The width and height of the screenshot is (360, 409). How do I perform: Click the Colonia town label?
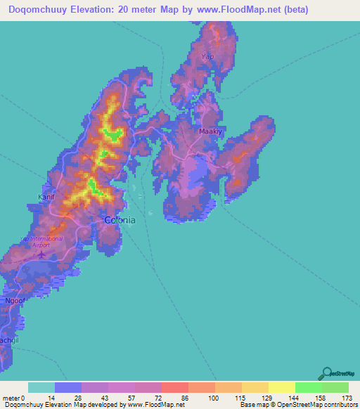pos(120,220)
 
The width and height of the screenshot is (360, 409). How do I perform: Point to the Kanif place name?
pos(46,197)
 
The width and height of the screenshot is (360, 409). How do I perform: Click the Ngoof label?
pos(15,301)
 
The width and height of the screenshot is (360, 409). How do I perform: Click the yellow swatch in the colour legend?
pos(281,387)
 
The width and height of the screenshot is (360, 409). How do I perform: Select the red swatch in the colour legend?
pos(174,387)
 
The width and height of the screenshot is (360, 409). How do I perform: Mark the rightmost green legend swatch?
pos(335,387)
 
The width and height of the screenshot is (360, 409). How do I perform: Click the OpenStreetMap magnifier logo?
pos(326,373)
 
